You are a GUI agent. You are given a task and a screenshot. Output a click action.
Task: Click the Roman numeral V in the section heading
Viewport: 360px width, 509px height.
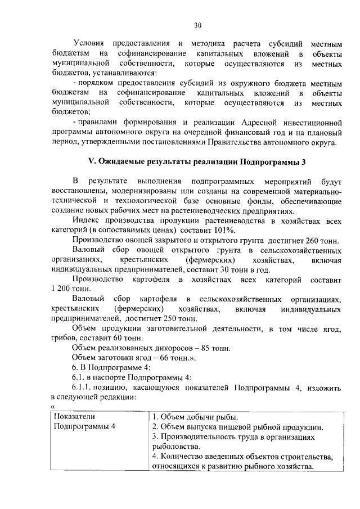[91, 162]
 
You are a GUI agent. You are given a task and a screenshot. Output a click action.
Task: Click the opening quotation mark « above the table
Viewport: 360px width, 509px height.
[52, 407]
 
